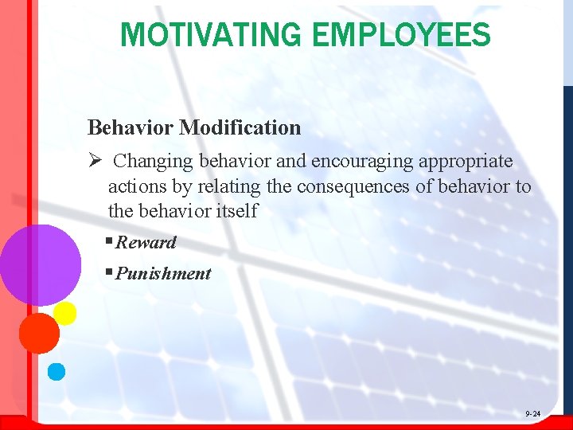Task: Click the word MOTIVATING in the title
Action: [211, 34]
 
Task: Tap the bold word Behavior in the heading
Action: [131, 127]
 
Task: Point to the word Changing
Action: [153, 161]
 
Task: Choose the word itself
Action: [237, 211]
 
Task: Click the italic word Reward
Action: [146, 242]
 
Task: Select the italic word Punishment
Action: [163, 273]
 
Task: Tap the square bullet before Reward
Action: [110, 241]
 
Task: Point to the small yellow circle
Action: [64, 313]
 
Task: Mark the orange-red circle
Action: [39, 333]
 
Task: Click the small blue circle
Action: [57, 370]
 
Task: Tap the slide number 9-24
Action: [532, 415]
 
